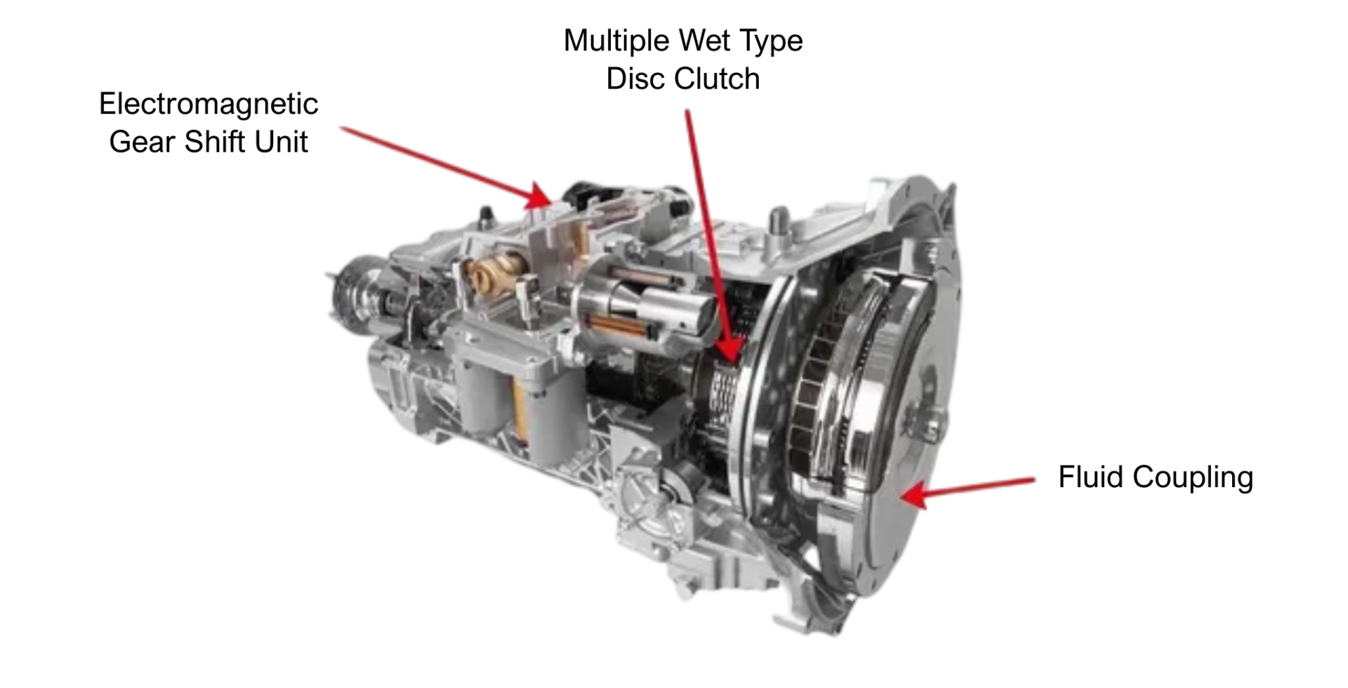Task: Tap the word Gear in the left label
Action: click(x=142, y=142)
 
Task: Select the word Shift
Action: click(x=215, y=142)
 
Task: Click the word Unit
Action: click(x=282, y=142)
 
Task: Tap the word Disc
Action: click(x=634, y=79)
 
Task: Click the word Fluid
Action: click(x=1091, y=477)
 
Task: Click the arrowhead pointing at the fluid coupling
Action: click(x=914, y=494)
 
